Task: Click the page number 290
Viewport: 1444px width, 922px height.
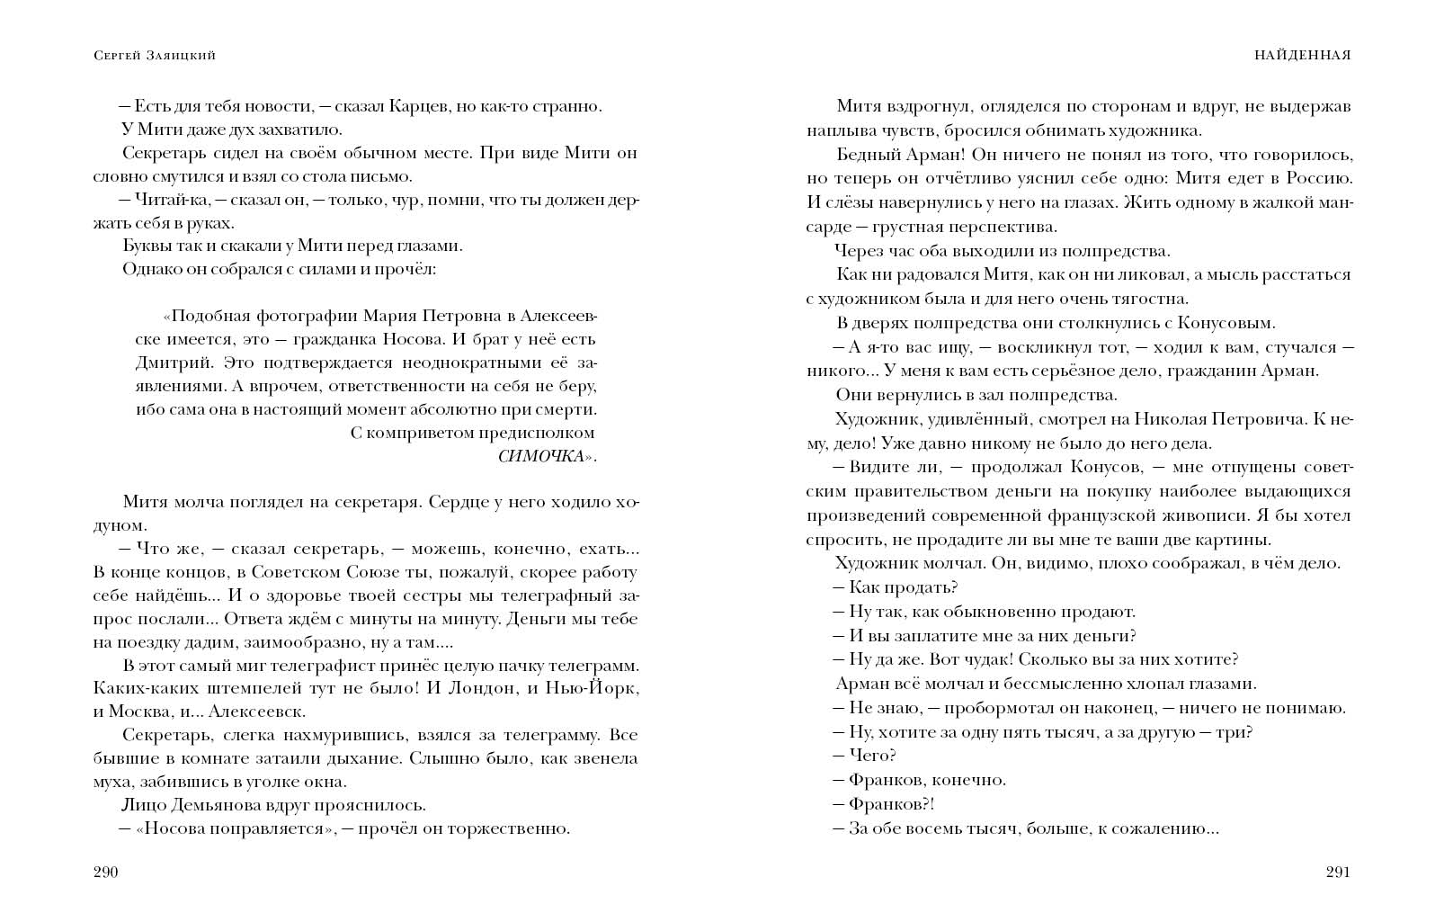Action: (106, 872)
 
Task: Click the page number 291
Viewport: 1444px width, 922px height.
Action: (1338, 872)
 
